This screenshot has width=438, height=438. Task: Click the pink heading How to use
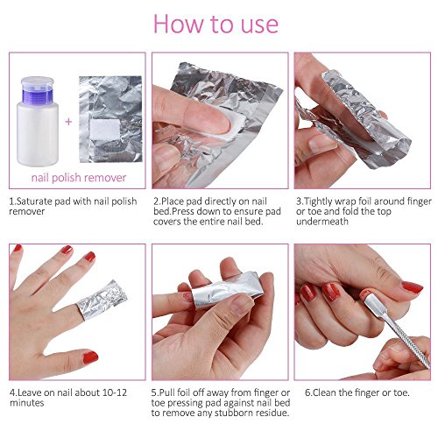click(219, 24)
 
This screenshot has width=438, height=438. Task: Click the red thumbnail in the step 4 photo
click(88, 357)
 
